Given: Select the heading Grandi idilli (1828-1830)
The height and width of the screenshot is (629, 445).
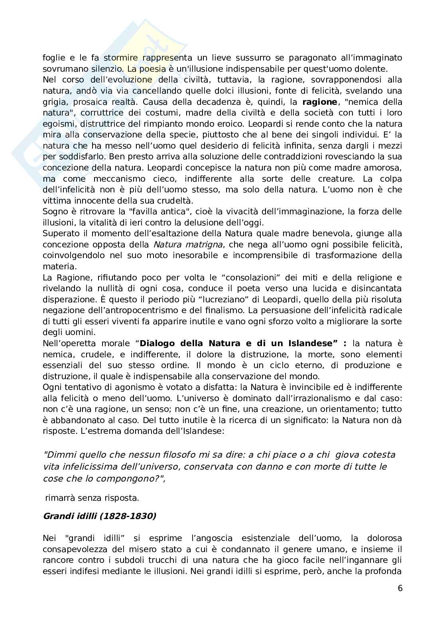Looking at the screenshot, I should pyautogui.click(x=99, y=516).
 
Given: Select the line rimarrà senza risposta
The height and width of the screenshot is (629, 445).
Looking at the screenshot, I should pyautogui.click(x=92, y=498).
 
